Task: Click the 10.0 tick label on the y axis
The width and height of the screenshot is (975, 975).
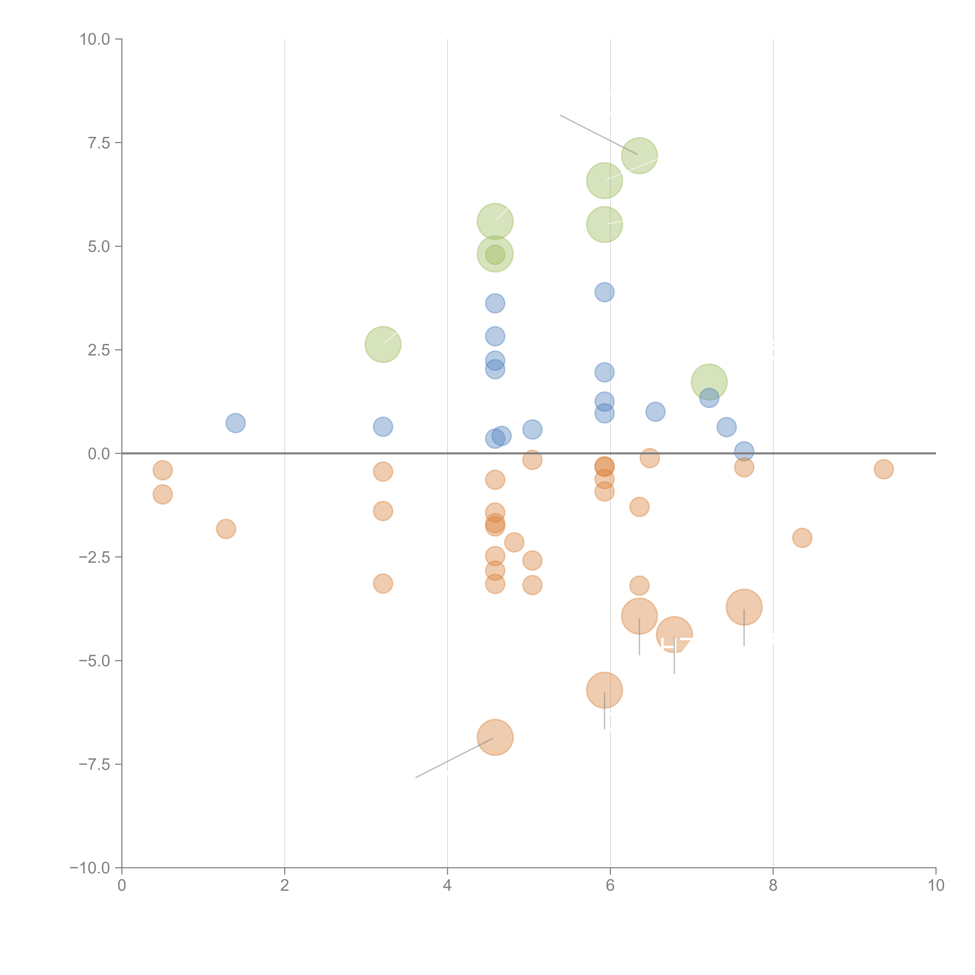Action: (95, 39)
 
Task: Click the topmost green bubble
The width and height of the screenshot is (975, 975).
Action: (639, 155)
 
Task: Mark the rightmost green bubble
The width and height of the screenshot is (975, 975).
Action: (709, 382)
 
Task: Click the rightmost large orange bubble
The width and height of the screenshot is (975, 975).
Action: (744, 607)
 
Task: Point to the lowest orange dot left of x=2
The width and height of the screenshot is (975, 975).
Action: (226, 529)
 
